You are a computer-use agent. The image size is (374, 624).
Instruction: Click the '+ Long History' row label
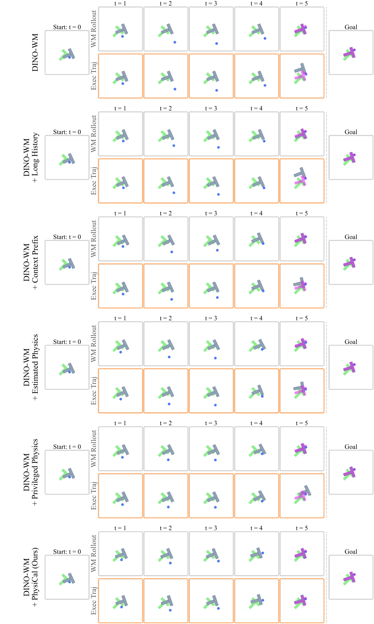tap(35, 158)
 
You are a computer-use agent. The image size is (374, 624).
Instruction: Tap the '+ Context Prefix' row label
tap(35, 263)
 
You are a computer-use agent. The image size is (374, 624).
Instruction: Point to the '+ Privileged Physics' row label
tap(35, 472)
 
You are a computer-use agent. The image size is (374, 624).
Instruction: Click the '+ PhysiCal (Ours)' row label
tap(35, 577)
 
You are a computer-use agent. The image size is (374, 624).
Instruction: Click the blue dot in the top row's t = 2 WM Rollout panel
tap(175, 42)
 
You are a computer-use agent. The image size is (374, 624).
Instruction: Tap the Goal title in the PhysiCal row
tap(351, 552)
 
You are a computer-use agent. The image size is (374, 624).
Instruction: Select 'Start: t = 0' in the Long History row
tap(67, 132)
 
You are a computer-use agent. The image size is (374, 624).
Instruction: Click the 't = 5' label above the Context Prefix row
tap(302, 213)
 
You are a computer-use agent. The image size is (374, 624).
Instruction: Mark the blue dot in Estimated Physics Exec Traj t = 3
tap(215, 405)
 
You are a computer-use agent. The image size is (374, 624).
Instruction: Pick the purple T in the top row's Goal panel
tap(350, 53)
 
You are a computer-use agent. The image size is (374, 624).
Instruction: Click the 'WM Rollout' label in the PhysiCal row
tap(93, 554)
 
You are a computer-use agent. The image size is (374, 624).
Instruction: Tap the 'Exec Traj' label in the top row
tap(93, 76)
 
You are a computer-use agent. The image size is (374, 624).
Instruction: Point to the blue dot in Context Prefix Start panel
tap(70, 267)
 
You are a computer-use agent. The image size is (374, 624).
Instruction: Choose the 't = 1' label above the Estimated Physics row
tap(120, 318)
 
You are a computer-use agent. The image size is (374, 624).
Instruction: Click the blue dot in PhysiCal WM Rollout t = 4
tap(263, 553)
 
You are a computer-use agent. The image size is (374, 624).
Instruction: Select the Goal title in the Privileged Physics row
tap(351, 447)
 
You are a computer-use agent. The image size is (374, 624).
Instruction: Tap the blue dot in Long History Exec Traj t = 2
tap(174, 193)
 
